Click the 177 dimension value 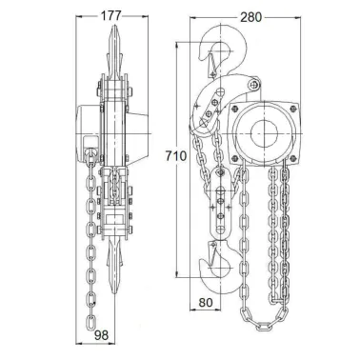tap(111, 15)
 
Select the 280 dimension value tap(250, 17)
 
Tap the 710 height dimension tap(176, 156)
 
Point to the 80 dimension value tap(206, 303)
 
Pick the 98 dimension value tap(102, 335)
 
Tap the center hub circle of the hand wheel tap(264, 133)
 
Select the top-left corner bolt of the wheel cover tap(235, 109)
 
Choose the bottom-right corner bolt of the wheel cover tap(293, 158)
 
